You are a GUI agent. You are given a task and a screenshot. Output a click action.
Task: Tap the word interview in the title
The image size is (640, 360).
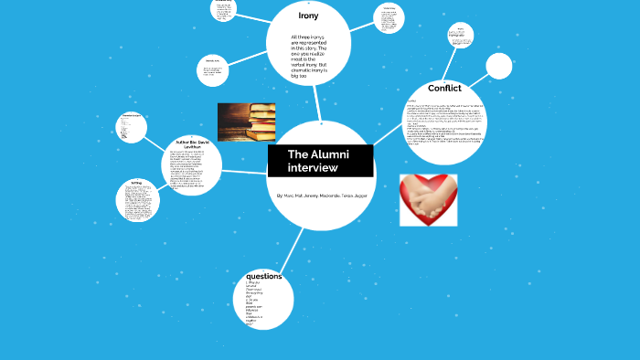pos(313,168)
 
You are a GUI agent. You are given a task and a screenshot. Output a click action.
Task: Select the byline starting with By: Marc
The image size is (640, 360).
pos(321,196)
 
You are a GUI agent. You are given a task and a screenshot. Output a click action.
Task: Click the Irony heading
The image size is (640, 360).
pos(308,16)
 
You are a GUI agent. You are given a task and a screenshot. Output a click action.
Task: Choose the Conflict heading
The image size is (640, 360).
pos(444,89)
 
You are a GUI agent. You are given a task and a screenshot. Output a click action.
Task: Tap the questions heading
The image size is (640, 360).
pos(263,276)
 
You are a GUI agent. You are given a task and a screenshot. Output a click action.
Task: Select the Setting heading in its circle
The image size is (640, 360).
pos(135,183)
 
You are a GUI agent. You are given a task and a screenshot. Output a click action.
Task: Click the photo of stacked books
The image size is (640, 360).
pos(246,122)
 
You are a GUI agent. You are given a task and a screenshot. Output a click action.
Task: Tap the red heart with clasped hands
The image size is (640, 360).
pos(428,199)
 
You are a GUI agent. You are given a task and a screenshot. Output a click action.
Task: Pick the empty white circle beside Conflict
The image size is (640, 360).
pos(499,67)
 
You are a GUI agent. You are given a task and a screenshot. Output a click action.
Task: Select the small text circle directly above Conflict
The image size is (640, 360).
pos(461,37)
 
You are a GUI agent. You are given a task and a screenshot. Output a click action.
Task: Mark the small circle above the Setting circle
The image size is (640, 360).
pos(132,128)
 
